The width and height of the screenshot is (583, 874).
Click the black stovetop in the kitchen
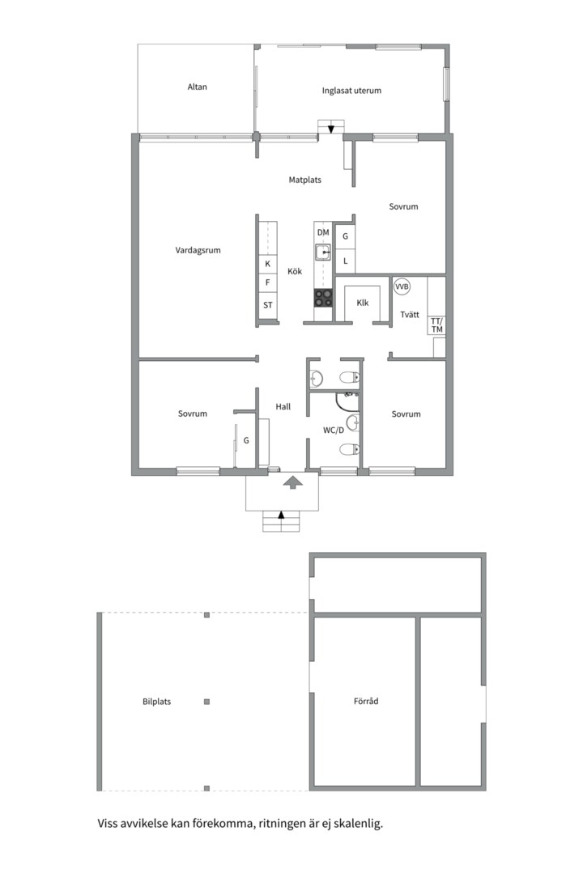323,298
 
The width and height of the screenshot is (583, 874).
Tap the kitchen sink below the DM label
323,252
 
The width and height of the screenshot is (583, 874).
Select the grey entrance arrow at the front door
292,482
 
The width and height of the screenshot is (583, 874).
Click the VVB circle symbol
402,286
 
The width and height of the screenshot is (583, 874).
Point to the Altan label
197,87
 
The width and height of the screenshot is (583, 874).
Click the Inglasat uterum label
351,91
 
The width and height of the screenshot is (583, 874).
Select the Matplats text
305,180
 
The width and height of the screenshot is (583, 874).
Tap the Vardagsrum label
198,251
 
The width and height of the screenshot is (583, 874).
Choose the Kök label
295,271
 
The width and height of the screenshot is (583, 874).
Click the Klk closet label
362,303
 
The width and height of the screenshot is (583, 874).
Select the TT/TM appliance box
436,325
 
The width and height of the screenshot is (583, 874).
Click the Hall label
283,407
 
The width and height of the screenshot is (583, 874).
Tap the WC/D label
334,430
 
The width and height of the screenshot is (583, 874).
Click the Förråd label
366,702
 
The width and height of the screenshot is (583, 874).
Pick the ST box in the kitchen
267,305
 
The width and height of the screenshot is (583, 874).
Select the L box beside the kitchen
346,261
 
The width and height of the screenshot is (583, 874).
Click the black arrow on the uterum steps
330,128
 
